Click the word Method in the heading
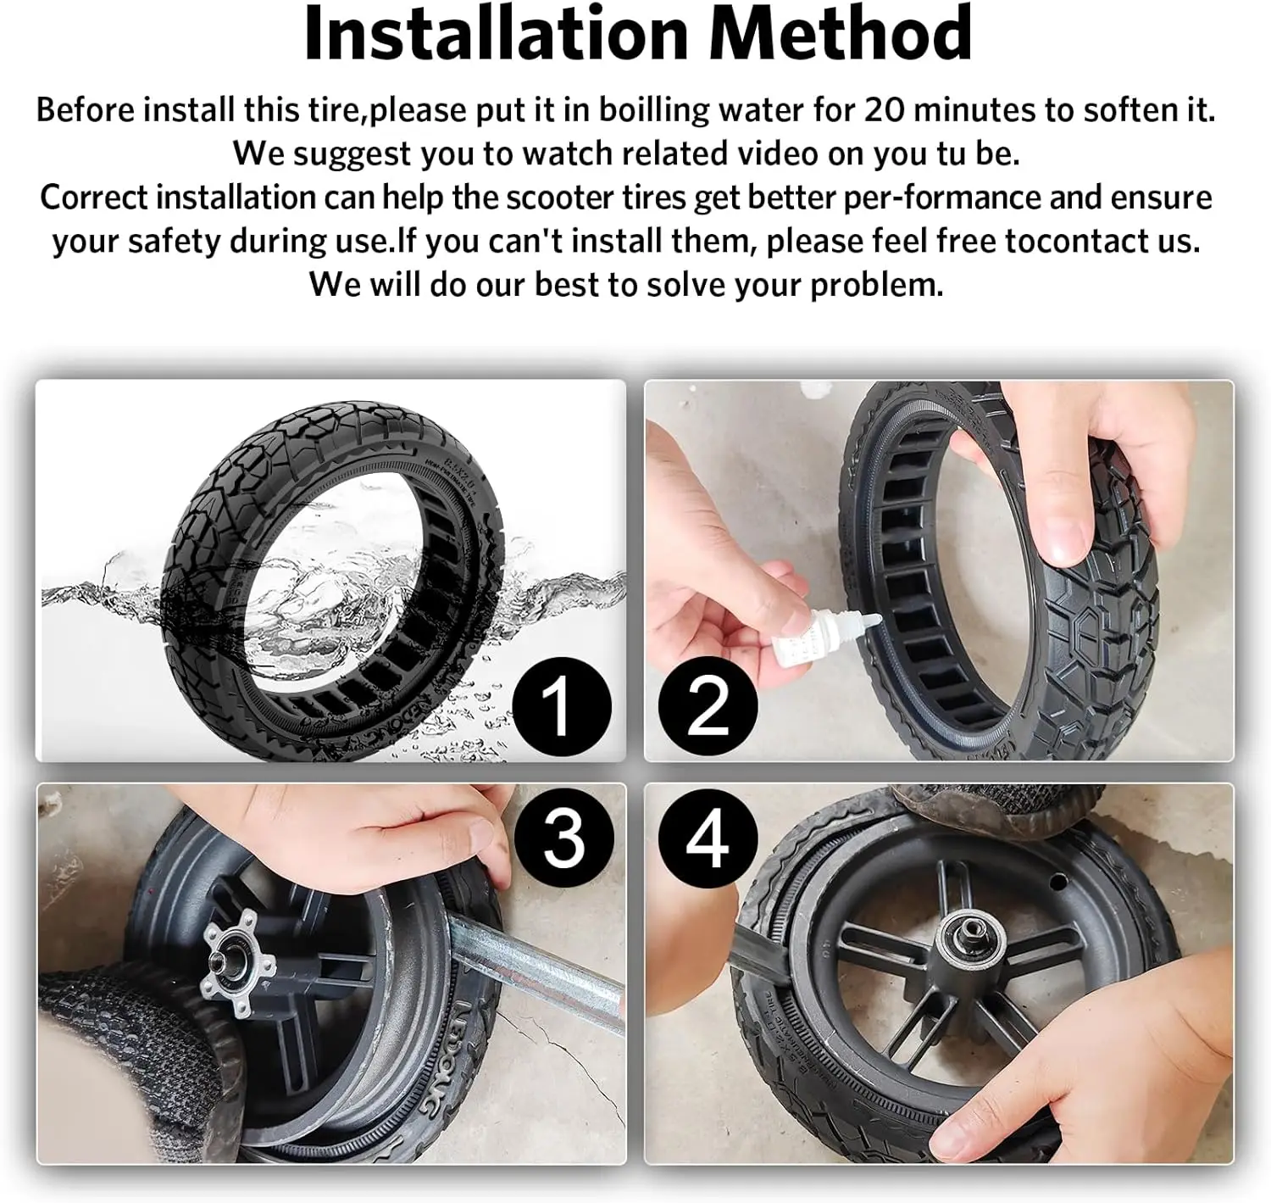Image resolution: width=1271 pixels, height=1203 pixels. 840,34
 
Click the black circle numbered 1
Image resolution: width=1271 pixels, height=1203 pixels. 560,705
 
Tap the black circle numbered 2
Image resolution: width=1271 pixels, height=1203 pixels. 708,705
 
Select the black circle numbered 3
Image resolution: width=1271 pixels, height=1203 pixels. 563,838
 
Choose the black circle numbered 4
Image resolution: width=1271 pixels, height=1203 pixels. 708,838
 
